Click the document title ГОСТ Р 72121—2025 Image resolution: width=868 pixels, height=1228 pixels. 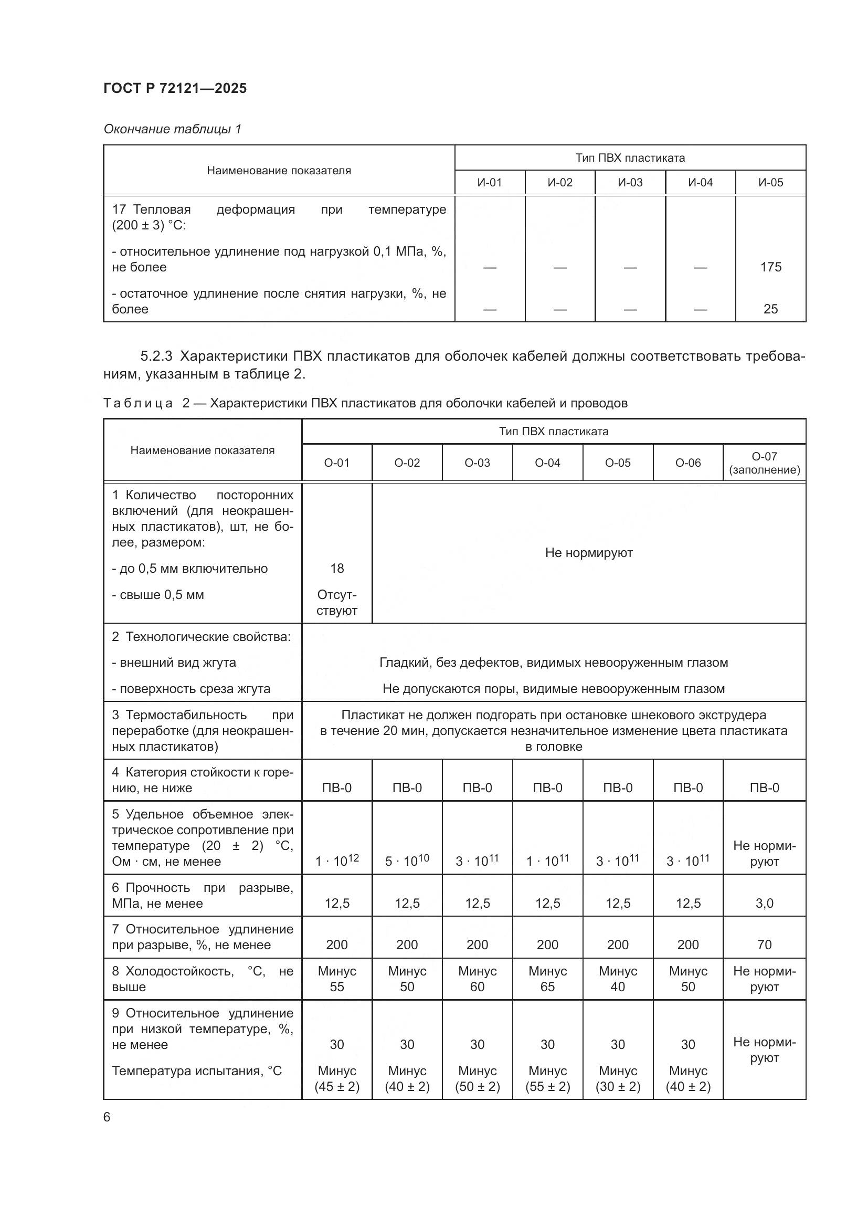175,88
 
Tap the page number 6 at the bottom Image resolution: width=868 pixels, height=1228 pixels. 107,1117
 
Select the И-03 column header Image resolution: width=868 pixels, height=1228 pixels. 630,182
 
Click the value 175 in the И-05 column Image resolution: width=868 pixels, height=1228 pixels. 770,267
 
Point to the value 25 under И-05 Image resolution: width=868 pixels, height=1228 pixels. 770,309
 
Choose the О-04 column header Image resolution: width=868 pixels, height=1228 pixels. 547,463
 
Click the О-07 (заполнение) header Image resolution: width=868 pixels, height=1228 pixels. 764,463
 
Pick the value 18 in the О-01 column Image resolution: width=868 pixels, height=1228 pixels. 337,568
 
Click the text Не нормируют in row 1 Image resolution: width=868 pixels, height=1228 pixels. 588,552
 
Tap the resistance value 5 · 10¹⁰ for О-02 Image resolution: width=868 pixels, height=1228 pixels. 407,860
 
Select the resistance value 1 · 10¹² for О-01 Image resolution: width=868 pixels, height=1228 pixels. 337,860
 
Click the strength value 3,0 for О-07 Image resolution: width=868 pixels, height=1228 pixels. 764,904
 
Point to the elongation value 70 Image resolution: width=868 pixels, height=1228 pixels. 764,944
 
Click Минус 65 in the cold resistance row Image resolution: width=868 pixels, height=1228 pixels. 547,979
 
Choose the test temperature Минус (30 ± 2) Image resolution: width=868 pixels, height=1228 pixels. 617,1079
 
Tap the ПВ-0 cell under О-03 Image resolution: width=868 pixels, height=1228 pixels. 477,788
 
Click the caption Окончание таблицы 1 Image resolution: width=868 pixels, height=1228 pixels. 172,129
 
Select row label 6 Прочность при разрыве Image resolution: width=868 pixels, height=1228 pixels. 202,895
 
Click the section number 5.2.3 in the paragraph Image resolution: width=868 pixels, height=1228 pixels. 156,356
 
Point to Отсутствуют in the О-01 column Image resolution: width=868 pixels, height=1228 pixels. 337,602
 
